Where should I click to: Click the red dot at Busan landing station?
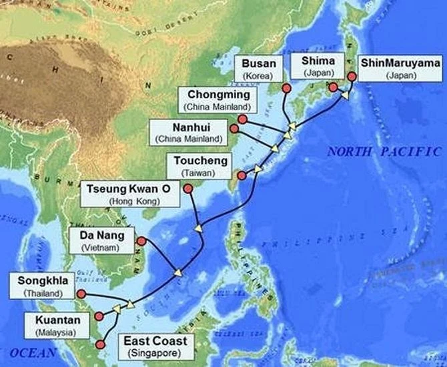point(286,88)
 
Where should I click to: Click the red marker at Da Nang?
point(141,241)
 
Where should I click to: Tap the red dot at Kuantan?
point(99,316)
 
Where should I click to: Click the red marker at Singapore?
point(101,344)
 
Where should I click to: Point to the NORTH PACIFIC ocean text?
point(383,152)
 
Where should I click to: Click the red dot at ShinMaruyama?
point(352,77)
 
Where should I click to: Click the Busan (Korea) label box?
point(254,67)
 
